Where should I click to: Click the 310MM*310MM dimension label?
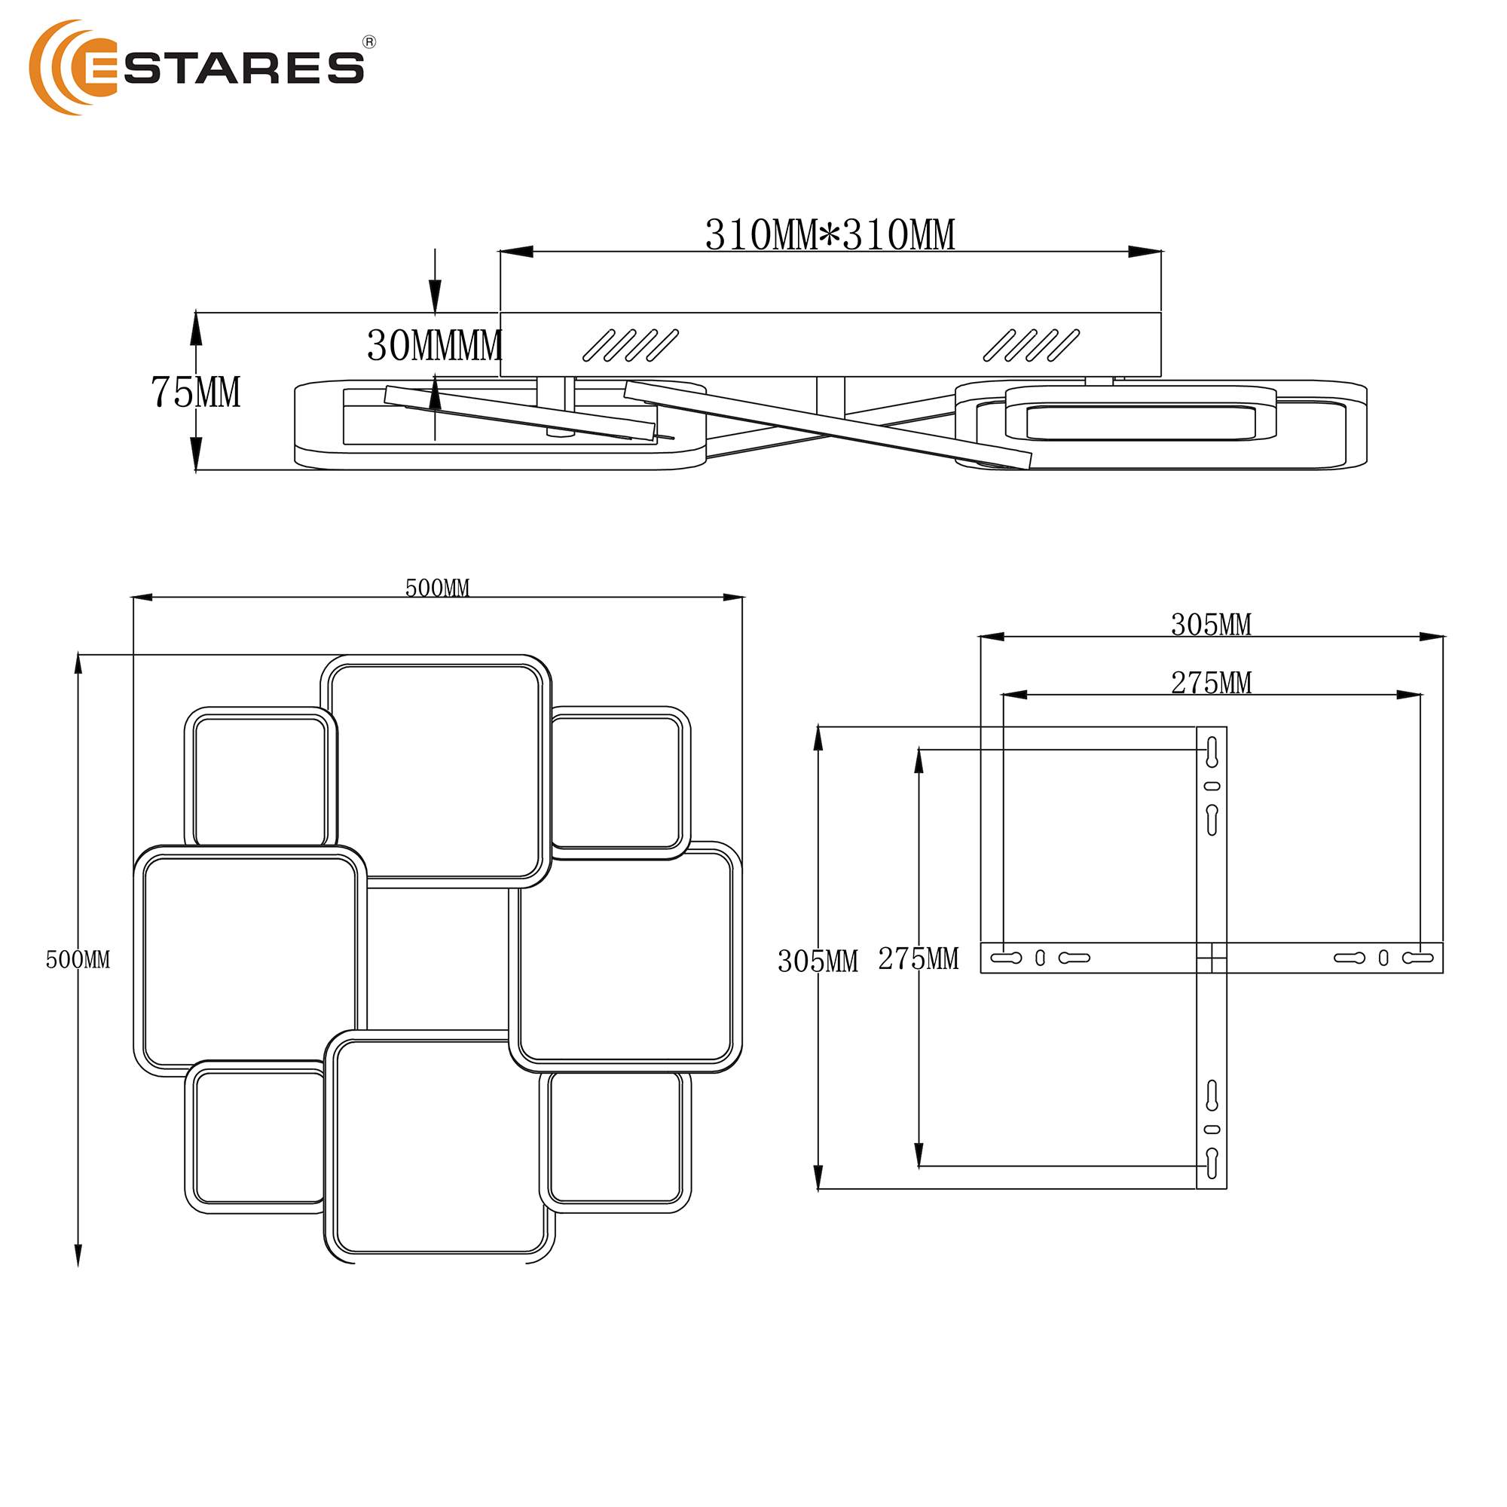[x=830, y=235]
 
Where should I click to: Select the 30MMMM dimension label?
[x=435, y=346]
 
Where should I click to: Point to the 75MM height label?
[x=195, y=392]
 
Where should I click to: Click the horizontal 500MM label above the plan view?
[x=437, y=588]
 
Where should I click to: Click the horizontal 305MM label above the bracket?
[x=1211, y=625]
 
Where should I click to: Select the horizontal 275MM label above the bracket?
[x=1211, y=683]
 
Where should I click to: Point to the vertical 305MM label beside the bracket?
[x=818, y=961]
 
